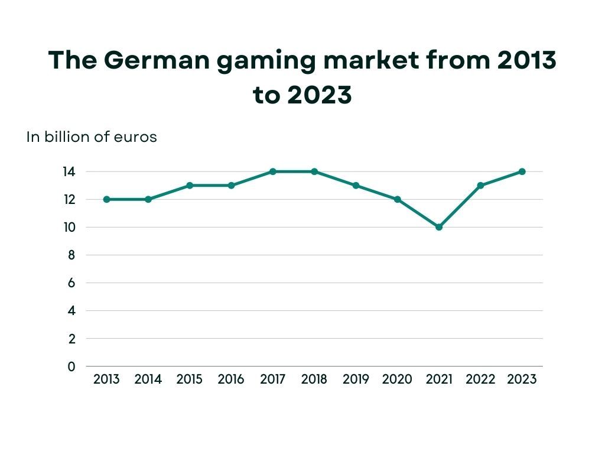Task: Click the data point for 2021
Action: [439, 227]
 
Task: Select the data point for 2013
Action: [106, 199]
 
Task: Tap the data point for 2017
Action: [273, 171]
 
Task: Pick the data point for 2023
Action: [522, 171]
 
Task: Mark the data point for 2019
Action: [356, 185]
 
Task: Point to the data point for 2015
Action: [190, 185]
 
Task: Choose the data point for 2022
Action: [480, 185]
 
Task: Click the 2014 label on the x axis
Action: [148, 380]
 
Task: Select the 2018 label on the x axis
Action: [314, 380]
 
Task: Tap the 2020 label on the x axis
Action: [397, 380]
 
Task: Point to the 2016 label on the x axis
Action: [231, 380]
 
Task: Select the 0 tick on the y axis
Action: [71, 367]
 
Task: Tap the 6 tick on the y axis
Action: [71, 283]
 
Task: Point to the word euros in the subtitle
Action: [138, 137]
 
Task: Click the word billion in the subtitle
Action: [63, 137]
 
